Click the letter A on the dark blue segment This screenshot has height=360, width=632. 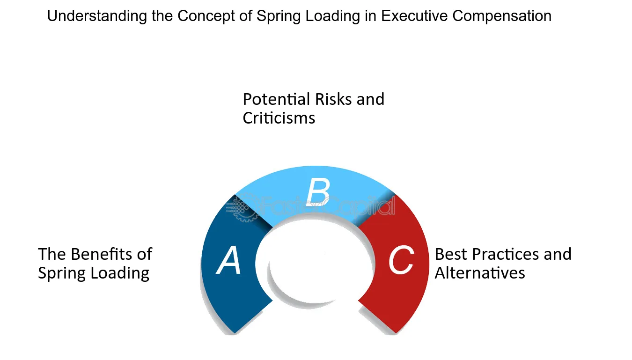pos(228,260)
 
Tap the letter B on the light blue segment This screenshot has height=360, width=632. pos(318,191)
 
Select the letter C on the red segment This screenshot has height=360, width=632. pos(401,259)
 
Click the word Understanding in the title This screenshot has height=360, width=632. pos(97,16)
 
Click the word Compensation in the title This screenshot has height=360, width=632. pos(502,16)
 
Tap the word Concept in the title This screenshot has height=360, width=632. pos(206,16)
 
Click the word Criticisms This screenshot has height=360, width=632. pos(279,118)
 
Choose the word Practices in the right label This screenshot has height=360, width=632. pos(506,254)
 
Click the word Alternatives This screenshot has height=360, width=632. pos(480,273)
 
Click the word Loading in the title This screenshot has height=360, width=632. pos(332,16)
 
